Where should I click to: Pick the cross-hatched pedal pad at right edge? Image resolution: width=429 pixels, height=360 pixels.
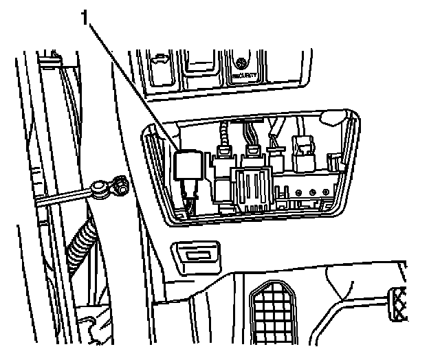400,305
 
